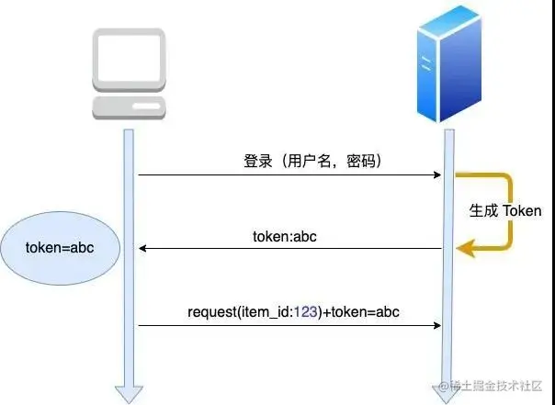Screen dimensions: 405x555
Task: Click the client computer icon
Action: coord(129,73)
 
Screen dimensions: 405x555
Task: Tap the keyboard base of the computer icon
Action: coord(129,107)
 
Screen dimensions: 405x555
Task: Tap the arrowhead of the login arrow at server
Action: coord(436,174)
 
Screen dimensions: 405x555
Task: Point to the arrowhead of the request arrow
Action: coord(436,325)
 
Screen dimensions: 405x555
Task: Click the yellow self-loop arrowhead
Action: coord(467,247)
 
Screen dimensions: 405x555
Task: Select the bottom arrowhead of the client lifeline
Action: coord(129,393)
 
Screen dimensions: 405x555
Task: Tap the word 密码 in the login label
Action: coord(363,161)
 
